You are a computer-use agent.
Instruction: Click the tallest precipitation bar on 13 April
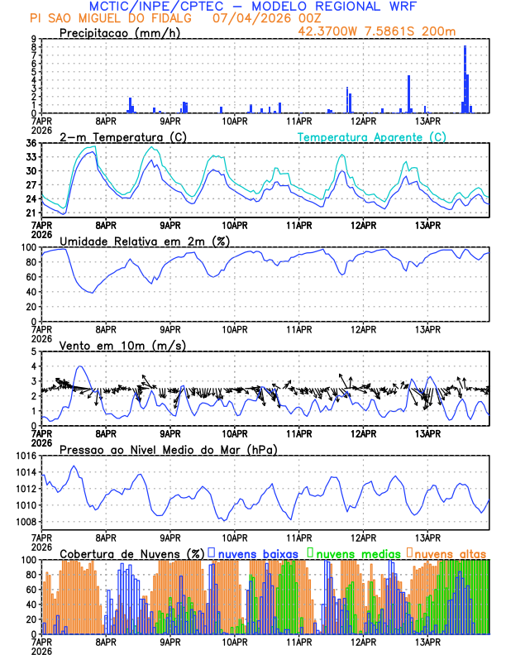(x=465, y=79)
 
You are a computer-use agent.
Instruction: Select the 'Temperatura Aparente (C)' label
(x=371, y=136)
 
